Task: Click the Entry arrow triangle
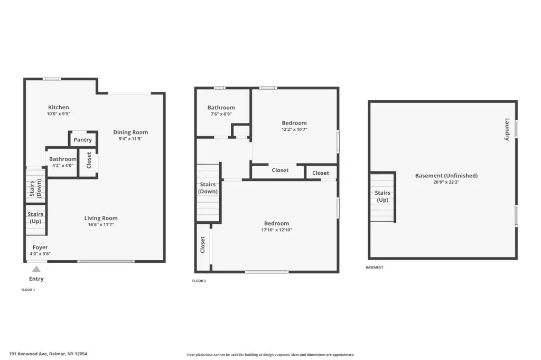pyautogui.click(x=36, y=269)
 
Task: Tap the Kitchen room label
pyautogui.click(x=58, y=107)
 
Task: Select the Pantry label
pyautogui.click(x=83, y=140)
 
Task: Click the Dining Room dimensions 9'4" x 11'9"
pyautogui.click(x=130, y=139)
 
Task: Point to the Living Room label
pyautogui.click(x=101, y=218)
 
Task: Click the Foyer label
pyautogui.click(x=40, y=247)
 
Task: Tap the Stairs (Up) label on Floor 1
pyautogui.click(x=35, y=218)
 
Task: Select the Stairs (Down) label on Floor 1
pyautogui.click(x=35, y=188)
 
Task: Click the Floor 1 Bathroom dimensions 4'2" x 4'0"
pyautogui.click(x=63, y=166)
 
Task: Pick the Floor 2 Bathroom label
pyautogui.click(x=221, y=108)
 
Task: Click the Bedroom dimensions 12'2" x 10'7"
pyautogui.click(x=294, y=129)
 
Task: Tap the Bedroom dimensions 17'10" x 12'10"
pyautogui.click(x=277, y=230)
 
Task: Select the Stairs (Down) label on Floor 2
pyautogui.click(x=208, y=188)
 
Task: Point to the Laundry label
pyautogui.click(x=507, y=129)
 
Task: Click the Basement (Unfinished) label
pyautogui.click(x=446, y=176)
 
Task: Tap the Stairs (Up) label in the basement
pyautogui.click(x=383, y=196)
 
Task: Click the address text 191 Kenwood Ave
pyautogui.click(x=29, y=354)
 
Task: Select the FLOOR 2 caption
pyautogui.click(x=199, y=281)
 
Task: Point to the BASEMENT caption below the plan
pyautogui.click(x=375, y=267)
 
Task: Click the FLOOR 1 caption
pyautogui.click(x=28, y=290)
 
